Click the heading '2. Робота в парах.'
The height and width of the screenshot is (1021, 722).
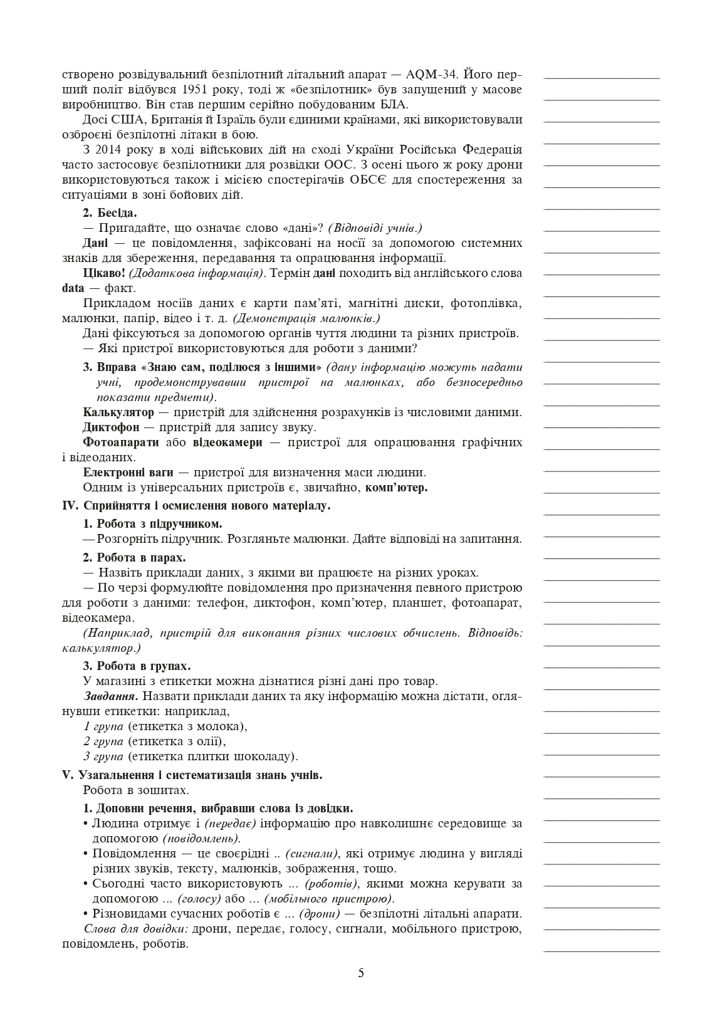(134, 557)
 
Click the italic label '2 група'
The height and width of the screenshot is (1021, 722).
(103, 741)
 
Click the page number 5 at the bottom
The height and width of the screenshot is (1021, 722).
(361, 973)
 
